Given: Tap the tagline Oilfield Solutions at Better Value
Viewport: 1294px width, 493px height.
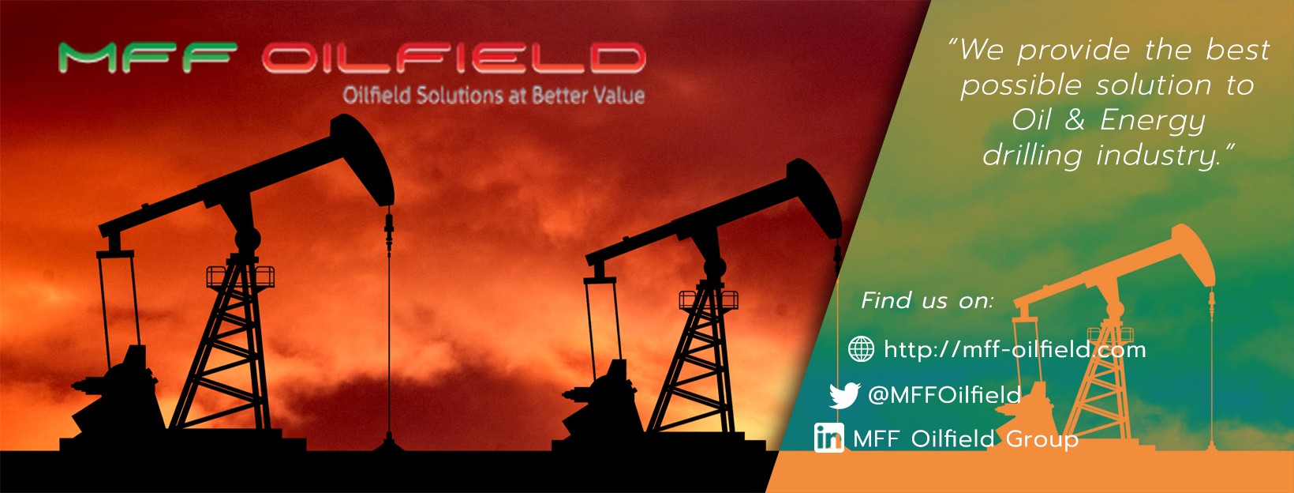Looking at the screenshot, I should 493,96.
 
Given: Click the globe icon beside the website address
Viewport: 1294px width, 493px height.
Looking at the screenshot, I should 861,348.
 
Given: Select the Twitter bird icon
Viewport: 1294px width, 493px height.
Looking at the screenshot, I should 844,395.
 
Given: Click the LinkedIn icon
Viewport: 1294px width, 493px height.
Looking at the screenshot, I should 828,437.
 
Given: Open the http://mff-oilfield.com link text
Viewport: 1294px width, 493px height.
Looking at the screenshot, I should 1015,349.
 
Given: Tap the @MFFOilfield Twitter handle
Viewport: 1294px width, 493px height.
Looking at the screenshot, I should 944,394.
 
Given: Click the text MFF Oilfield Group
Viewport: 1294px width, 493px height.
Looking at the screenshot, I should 966,438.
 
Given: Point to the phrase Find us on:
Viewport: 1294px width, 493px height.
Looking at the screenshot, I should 927,301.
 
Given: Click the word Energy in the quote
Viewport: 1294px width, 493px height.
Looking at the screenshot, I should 1153,121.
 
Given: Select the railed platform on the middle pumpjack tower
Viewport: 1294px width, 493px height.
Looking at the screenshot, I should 708,299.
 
